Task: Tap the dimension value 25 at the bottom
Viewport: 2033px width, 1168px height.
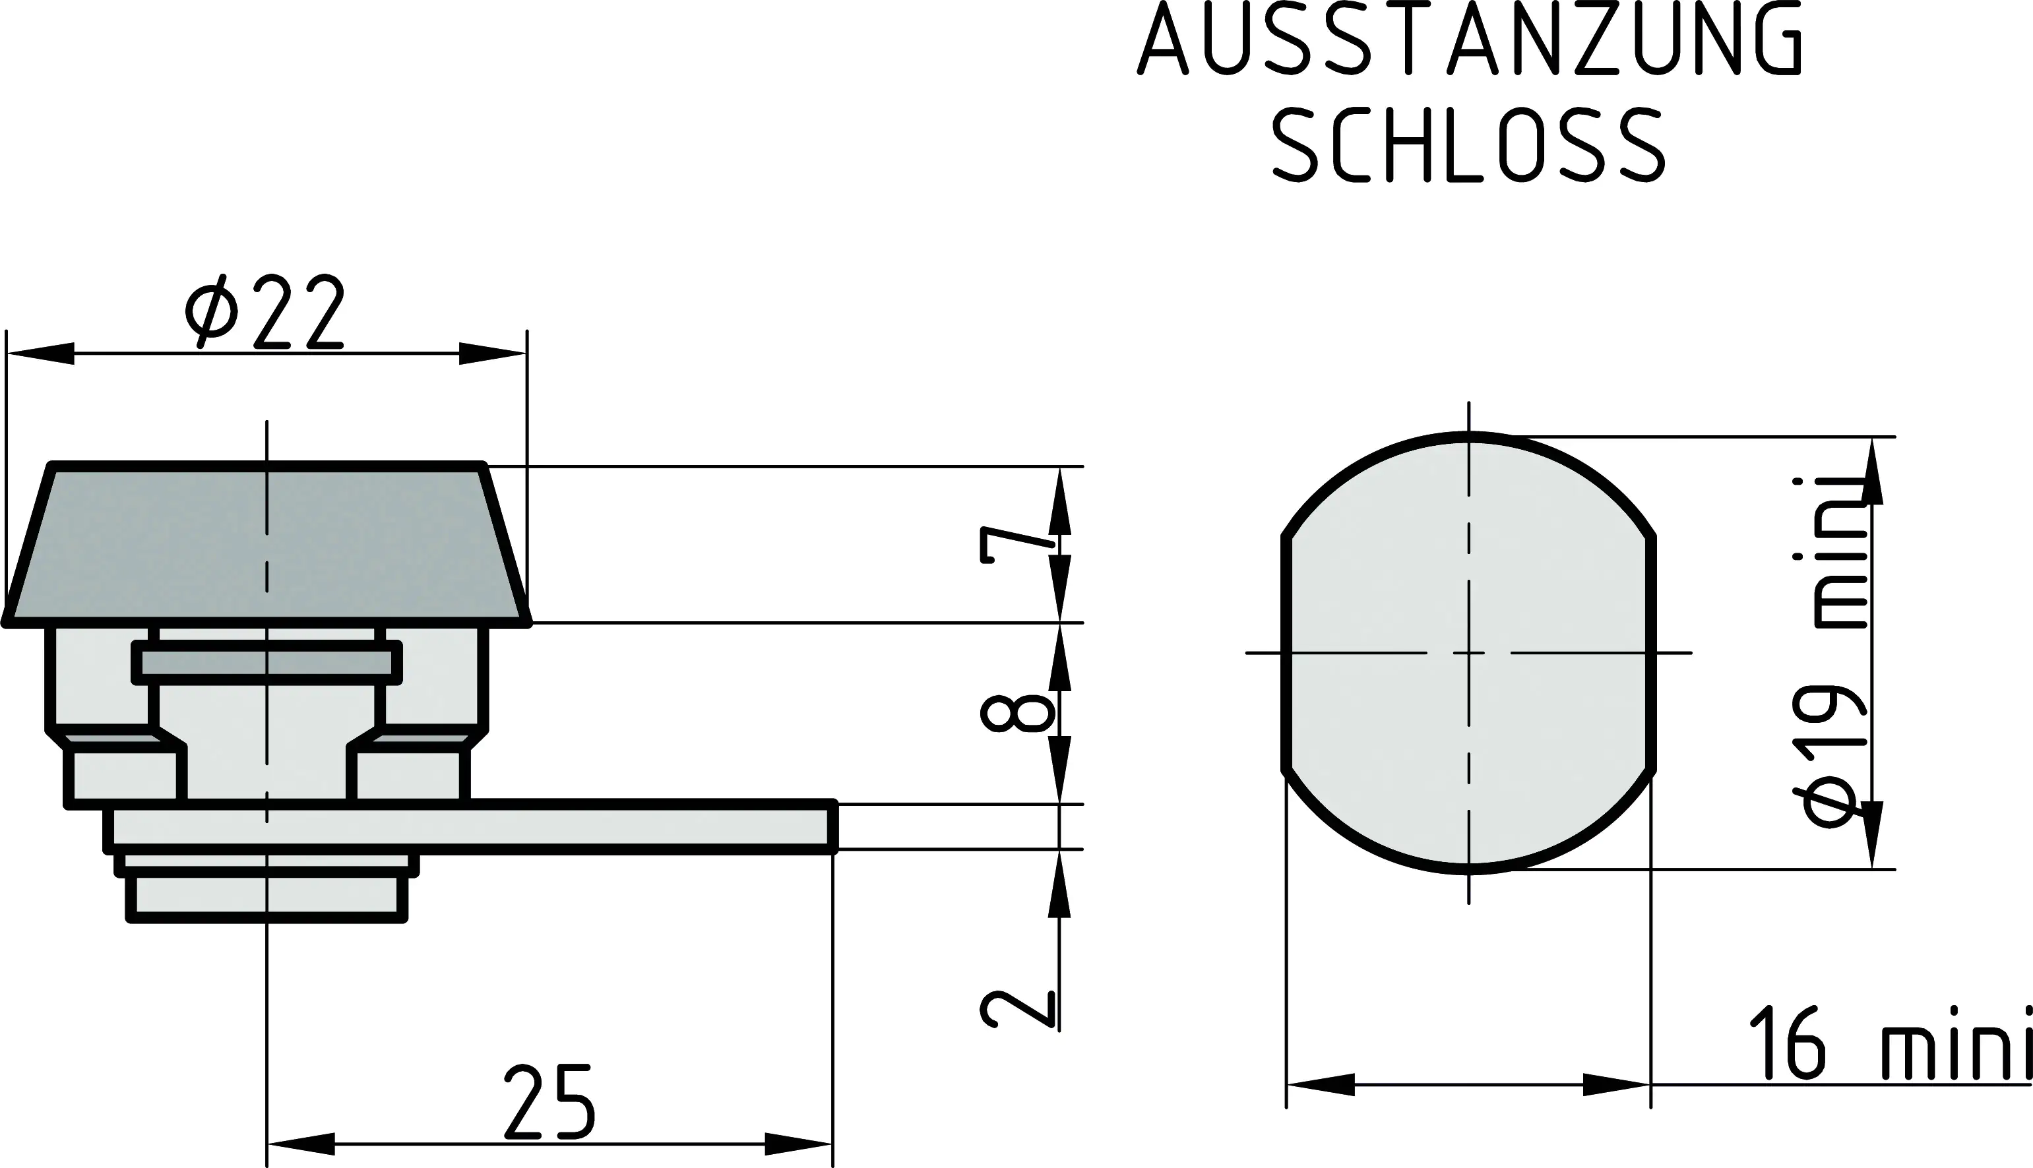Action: (x=549, y=1103)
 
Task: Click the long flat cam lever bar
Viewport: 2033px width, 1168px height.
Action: (x=561, y=826)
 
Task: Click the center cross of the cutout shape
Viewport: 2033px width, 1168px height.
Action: (x=1469, y=653)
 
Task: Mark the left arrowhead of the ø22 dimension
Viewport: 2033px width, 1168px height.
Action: (x=40, y=353)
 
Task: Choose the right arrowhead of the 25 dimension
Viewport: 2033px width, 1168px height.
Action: (x=798, y=1143)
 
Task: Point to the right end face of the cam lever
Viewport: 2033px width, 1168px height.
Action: (x=832, y=826)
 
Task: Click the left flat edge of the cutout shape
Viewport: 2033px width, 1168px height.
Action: (x=1286, y=653)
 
